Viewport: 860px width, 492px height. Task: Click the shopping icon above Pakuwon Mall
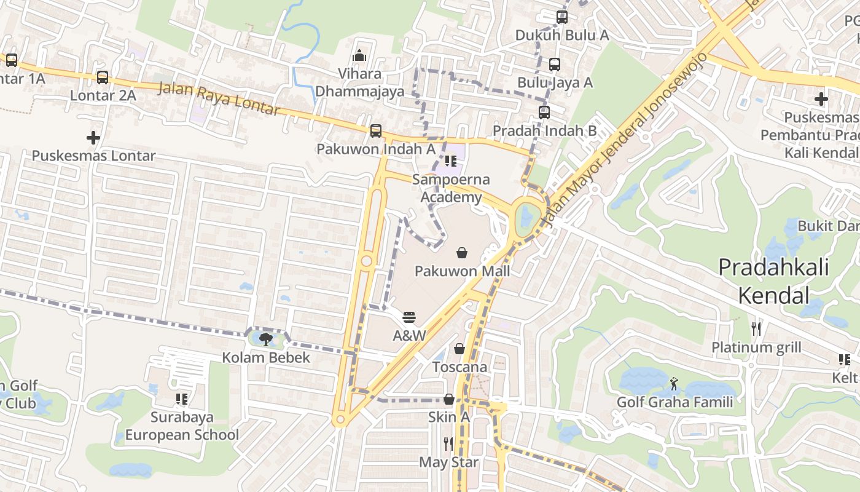pos(461,253)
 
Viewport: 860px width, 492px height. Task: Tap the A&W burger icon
pos(410,317)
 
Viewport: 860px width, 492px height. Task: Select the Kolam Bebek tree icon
pos(265,339)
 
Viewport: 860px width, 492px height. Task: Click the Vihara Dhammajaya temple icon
pos(360,55)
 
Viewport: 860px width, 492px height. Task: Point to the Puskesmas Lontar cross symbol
pos(93,137)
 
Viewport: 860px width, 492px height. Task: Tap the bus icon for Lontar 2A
pos(103,77)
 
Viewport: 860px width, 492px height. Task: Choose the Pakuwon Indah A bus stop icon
pos(375,131)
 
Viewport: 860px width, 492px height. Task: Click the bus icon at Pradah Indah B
pos(544,113)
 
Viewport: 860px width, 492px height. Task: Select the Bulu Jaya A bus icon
pos(555,64)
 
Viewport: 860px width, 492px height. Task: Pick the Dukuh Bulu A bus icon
pos(562,17)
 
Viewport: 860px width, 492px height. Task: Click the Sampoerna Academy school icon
pos(451,162)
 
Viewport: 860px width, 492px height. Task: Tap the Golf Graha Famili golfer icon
pos(674,384)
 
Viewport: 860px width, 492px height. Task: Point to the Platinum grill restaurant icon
pos(756,329)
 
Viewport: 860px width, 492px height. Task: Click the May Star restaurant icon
pos(448,443)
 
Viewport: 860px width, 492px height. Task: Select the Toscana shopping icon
pos(459,349)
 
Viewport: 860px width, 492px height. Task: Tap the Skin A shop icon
pos(449,399)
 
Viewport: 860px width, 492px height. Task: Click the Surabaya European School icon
pos(182,399)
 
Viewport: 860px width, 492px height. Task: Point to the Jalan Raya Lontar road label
pos(219,98)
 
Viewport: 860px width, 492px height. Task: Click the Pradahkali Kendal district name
pos(773,281)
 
